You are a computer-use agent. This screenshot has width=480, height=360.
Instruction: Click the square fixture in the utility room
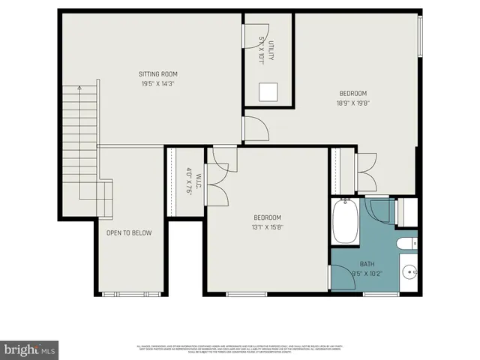click(x=268, y=91)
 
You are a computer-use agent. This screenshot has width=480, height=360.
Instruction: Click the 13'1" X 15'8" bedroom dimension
click(x=267, y=227)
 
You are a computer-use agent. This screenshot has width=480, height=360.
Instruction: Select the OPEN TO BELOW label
click(x=129, y=233)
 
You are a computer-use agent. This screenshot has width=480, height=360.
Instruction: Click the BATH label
click(x=367, y=264)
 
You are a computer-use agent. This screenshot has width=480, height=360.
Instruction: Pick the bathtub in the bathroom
click(x=346, y=220)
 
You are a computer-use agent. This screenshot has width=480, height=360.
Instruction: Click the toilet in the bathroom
click(x=406, y=243)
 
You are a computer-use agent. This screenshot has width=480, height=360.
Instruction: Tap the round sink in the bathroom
click(x=408, y=272)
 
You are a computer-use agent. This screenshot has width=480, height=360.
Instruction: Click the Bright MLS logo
click(x=30, y=349)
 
